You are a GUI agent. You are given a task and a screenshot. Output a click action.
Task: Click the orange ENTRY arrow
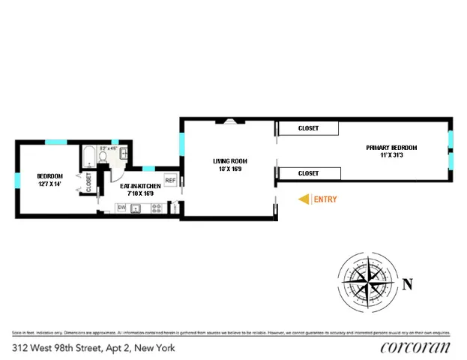click(304, 199)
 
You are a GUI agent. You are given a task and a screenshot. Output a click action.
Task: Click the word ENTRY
click(325, 199)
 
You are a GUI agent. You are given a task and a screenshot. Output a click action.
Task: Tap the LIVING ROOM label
click(229, 160)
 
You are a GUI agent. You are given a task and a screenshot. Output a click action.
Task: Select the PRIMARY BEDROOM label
click(391, 148)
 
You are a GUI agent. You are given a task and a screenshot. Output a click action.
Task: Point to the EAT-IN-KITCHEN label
click(140, 185)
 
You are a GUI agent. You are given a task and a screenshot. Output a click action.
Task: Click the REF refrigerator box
click(170, 181)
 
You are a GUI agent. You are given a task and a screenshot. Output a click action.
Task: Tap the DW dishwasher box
click(121, 208)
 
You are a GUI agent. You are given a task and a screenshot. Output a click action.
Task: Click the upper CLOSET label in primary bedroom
click(308, 128)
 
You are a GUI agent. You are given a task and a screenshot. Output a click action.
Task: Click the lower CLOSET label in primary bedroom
click(308, 173)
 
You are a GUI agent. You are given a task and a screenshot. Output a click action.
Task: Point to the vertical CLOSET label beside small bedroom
click(88, 183)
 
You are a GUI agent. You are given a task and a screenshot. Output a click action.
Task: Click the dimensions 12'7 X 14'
click(50, 184)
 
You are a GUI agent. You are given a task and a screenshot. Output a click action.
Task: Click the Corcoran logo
click(415, 346)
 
